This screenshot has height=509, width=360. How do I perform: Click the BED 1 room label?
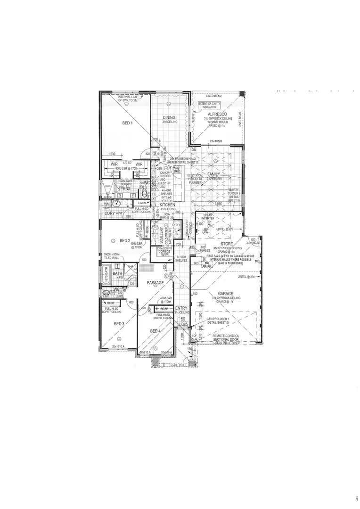127,123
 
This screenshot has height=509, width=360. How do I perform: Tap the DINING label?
169,118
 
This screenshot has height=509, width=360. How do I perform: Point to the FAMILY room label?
214,174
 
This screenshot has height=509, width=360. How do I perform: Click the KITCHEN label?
167,205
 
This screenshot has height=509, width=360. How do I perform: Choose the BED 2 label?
125,240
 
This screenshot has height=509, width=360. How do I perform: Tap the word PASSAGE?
155,283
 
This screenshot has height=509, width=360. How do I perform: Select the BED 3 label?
119,324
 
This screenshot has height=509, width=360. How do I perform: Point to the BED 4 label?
155,331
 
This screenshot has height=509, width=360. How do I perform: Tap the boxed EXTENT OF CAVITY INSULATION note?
209,105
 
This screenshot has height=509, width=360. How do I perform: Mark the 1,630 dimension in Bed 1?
112,154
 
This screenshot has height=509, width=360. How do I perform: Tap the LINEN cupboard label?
143,203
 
